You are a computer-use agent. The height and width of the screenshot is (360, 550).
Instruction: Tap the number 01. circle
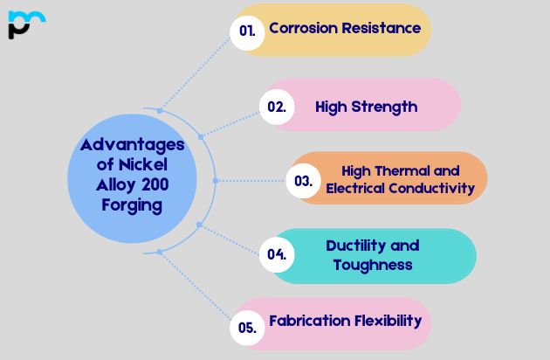click(247, 30)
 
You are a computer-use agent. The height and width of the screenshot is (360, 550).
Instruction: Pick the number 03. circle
click(303, 181)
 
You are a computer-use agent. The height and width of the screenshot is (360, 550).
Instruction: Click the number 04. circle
click(277, 254)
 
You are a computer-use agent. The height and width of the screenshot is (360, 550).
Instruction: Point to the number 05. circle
click(247, 329)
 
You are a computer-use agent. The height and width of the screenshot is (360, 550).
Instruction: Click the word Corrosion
click(302, 28)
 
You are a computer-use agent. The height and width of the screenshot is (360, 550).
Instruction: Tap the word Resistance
click(381, 28)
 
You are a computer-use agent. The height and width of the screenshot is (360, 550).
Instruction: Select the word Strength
click(384, 107)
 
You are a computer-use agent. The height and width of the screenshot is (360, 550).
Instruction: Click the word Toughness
click(373, 265)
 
